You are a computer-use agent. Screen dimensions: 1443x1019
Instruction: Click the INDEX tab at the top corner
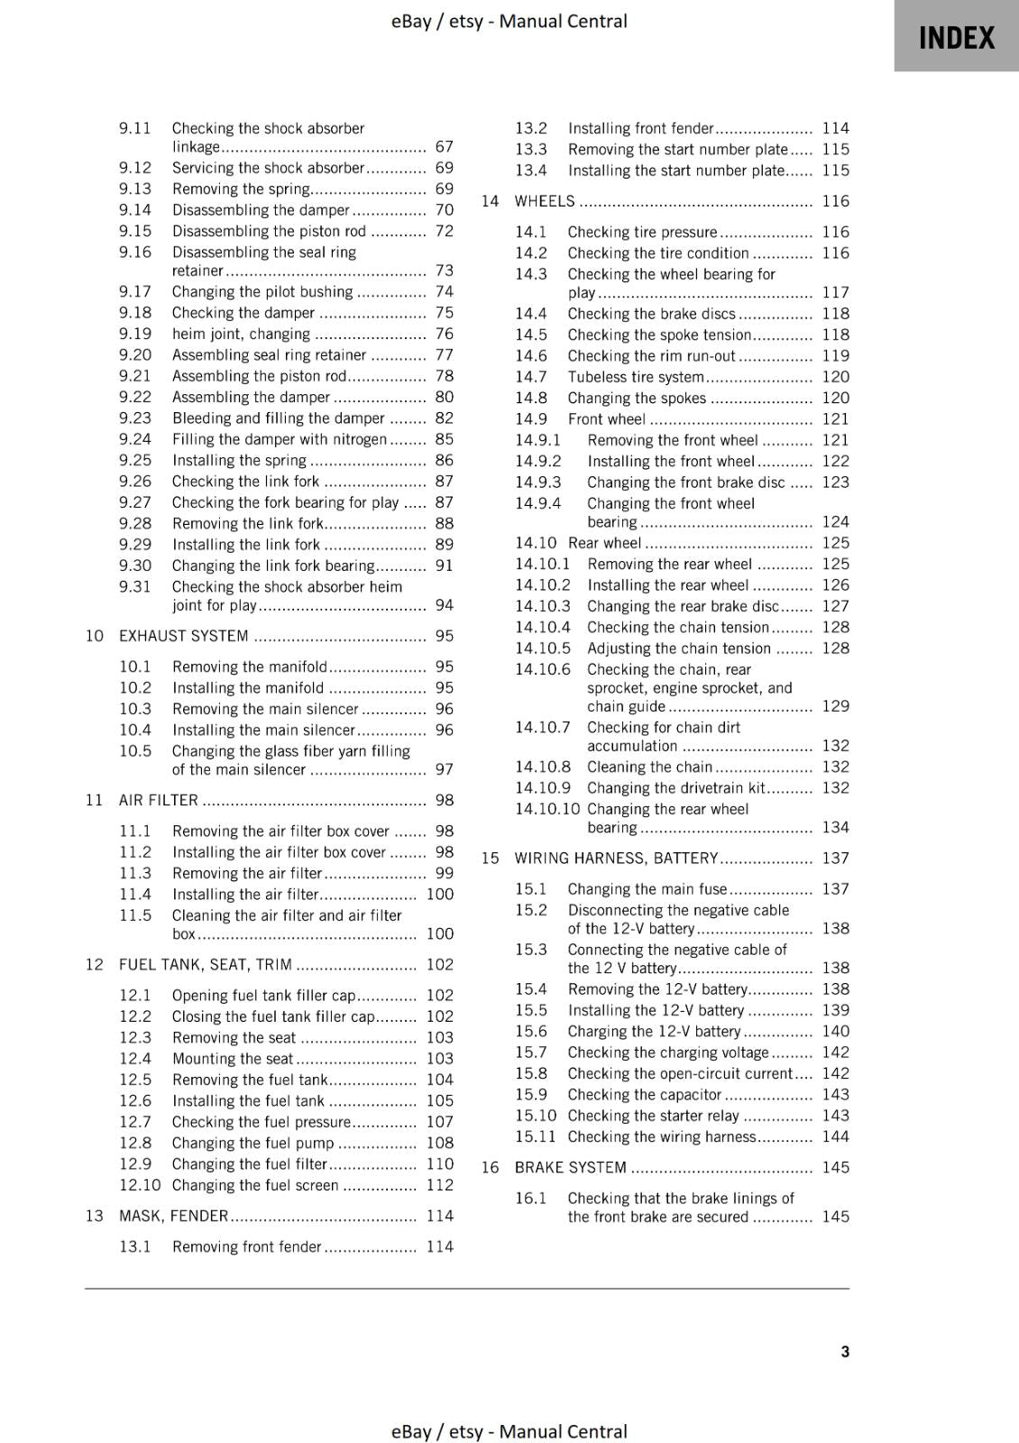click(956, 38)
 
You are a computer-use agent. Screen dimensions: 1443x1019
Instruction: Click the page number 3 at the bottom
click(845, 1351)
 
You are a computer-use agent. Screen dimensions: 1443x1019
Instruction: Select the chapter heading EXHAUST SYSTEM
click(184, 636)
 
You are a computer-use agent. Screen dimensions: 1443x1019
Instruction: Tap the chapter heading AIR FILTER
click(159, 800)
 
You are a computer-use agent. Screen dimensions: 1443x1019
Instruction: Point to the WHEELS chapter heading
click(544, 201)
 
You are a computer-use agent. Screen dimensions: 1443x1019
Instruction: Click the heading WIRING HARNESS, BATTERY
click(616, 858)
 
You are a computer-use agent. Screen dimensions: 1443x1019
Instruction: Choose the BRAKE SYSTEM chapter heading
click(570, 1167)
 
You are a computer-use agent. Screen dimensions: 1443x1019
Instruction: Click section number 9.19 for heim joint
click(135, 334)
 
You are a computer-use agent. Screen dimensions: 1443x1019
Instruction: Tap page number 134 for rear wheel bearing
click(835, 827)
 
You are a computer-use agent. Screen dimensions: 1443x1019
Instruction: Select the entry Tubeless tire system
click(636, 377)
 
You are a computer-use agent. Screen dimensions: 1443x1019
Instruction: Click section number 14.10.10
click(547, 809)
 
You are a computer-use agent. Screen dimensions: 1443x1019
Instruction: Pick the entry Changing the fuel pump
click(252, 1143)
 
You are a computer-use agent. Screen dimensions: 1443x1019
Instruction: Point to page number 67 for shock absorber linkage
click(444, 146)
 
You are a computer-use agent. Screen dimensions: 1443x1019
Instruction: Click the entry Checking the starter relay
click(653, 1116)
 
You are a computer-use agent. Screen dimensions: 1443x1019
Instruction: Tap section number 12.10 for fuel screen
click(140, 1185)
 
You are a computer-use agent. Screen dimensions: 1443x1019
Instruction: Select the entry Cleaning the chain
click(649, 767)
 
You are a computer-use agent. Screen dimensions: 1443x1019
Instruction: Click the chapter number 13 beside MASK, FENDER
click(95, 1216)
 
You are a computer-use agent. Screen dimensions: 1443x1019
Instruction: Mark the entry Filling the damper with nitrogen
click(279, 439)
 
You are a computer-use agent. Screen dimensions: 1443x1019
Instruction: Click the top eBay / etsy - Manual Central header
click(509, 21)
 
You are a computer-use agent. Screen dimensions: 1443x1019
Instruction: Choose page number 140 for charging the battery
click(835, 1031)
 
